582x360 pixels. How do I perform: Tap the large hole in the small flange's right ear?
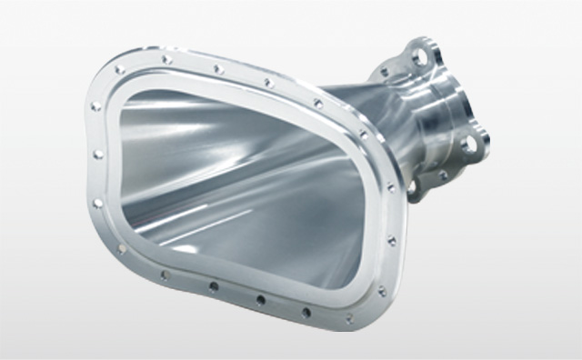coord(468,143)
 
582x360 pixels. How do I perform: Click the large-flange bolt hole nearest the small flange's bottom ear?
coord(392,240)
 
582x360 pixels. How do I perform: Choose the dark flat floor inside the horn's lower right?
coord(291,245)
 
